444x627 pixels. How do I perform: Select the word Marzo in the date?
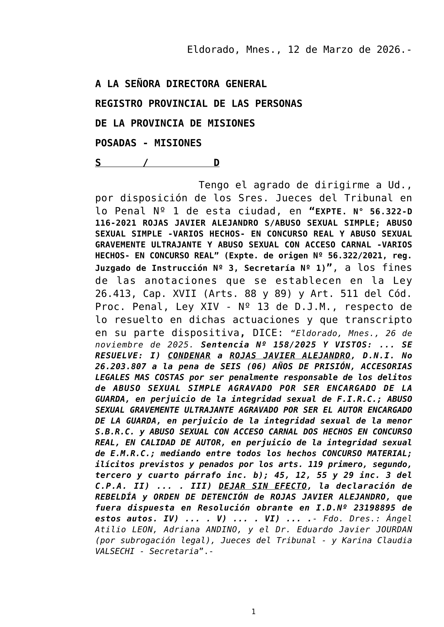point(338,50)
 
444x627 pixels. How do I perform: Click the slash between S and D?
point(145,163)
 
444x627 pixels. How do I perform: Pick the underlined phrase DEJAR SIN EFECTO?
point(263,486)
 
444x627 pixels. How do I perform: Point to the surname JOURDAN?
point(394,530)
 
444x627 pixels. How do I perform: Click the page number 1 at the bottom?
point(253,612)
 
